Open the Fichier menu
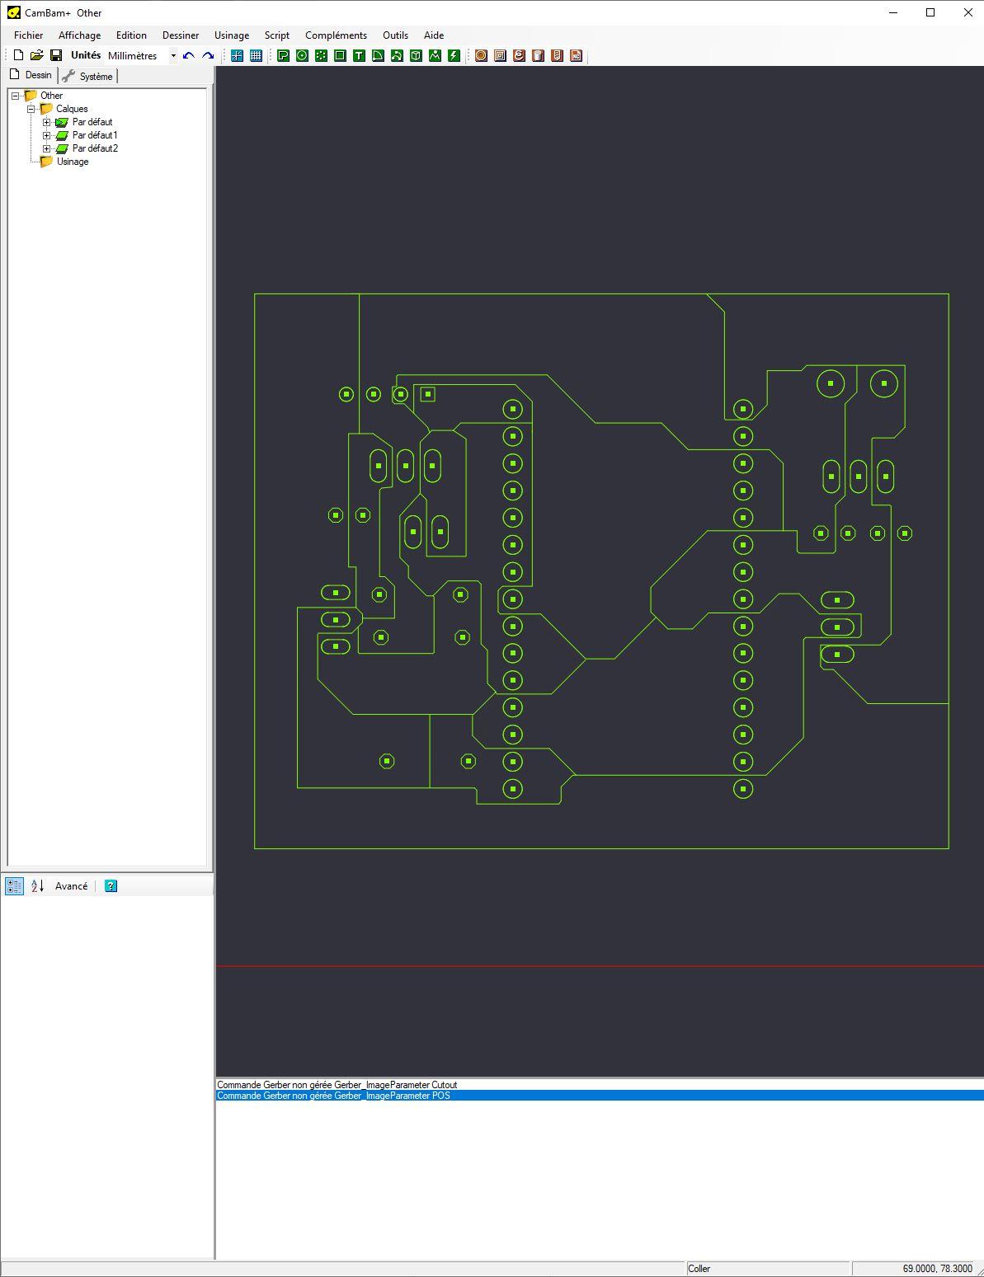coord(28,35)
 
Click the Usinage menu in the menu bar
coord(232,35)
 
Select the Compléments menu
coord(336,35)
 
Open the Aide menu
coord(434,35)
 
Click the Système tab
coord(88,76)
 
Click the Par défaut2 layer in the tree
coord(95,148)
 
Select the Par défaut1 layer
coord(95,135)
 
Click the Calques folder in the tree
coord(72,109)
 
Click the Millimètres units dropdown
coord(142,56)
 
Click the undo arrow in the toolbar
coord(189,56)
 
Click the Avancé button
coord(71,885)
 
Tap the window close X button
coord(968,12)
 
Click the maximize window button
coord(930,12)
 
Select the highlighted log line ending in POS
coord(333,1096)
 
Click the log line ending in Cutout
coord(337,1085)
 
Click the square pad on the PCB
coord(428,394)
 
